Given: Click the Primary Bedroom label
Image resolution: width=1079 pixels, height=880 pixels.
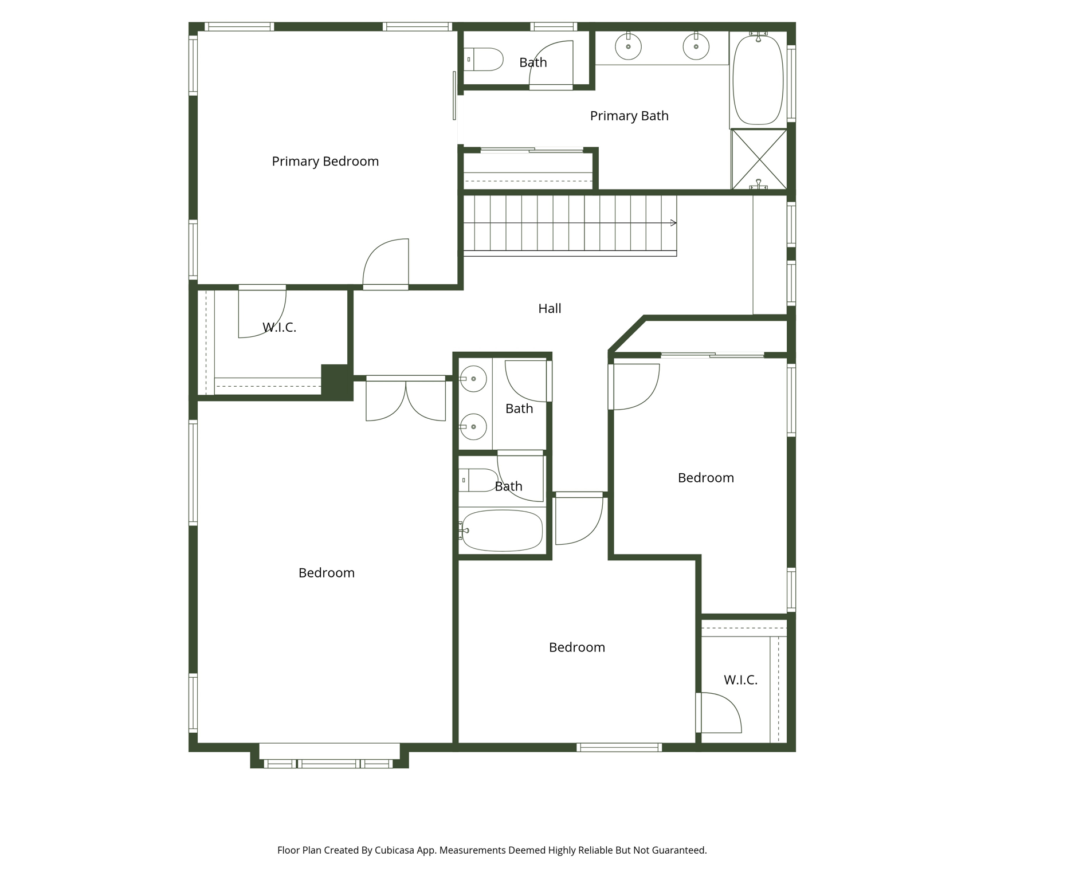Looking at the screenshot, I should tap(325, 162).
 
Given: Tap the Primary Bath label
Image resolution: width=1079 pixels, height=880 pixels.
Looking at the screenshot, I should tap(629, 116).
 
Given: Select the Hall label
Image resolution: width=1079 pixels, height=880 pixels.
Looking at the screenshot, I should tap(550, 309).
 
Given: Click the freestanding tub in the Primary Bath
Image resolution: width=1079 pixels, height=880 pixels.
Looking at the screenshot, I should tap(758, 80).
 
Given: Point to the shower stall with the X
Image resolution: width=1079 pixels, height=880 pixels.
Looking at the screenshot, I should tap(759, 159).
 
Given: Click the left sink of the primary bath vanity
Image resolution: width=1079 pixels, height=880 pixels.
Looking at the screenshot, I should tap(628, 46).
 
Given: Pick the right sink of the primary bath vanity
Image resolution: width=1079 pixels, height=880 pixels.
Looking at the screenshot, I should tap(696, 46).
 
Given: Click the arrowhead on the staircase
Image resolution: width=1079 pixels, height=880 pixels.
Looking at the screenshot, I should tap(673, 223).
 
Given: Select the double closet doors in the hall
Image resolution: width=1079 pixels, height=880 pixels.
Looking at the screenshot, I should tap(406, 400).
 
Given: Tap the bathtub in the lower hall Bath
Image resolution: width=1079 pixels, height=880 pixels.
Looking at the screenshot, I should tap(502, 531).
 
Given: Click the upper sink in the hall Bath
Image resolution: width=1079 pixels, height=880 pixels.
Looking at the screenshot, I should tap(473, 379).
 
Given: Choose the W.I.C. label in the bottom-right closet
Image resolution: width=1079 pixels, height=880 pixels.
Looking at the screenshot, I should tap(740, 680).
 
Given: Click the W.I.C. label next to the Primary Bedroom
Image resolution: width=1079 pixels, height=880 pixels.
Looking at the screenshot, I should tap(279, 328).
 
